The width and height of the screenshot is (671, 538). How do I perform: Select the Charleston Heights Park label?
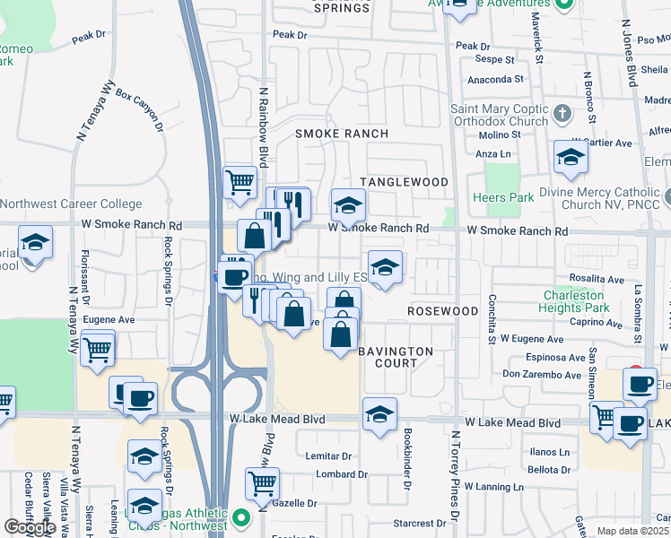tap(588, 301)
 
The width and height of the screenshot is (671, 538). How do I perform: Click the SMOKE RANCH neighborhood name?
tap(342, 134)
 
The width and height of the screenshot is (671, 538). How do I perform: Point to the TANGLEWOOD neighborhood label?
tap(404, 182)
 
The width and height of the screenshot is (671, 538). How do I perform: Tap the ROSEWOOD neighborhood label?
tap(442, 311)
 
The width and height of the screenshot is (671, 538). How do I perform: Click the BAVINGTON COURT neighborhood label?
tap(396, 357)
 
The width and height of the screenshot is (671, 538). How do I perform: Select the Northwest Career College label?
tap(71, 204)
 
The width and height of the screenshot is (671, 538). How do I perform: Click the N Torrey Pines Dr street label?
tap(455, 475)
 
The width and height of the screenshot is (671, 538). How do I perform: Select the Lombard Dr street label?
tap(336, 473)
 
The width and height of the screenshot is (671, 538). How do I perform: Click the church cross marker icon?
tap(562, 114)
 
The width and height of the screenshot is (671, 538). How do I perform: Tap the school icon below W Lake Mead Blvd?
tap(379, 415)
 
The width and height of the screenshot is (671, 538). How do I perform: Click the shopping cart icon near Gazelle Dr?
tap(262, 483)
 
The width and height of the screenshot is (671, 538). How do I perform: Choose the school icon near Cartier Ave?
tap(570, 158)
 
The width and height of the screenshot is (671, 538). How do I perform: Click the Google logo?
tap(30, 527)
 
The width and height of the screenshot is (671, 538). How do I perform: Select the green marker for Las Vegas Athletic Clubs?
tap(240, 518)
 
